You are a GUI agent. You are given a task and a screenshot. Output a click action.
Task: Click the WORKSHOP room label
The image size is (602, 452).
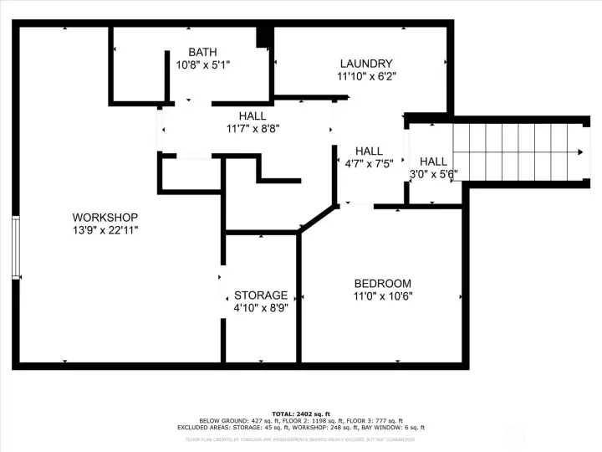[105, 218]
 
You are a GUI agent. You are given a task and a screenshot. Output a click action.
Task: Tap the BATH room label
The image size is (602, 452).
[202, 52]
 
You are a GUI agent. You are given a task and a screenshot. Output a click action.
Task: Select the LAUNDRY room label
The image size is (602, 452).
[366, 64]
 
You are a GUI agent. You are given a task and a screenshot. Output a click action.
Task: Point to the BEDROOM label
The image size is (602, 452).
[383, 283]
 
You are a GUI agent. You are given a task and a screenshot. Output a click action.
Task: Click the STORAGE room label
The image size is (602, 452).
[261, 295]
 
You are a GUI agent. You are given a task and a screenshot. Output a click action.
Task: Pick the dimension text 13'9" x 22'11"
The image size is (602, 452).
[105, 229]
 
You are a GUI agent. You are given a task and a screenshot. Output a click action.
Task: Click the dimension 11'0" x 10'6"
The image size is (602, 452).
[383, 295]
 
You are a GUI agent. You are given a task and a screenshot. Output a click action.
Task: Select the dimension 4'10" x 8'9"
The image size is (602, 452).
[261, 308]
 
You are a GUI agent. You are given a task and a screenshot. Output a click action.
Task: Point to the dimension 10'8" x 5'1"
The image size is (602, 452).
[202, 64]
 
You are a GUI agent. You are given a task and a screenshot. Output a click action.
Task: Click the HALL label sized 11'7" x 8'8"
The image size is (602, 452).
[253, 116]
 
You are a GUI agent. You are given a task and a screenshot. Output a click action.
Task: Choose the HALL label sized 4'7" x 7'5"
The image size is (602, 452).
[369, 151]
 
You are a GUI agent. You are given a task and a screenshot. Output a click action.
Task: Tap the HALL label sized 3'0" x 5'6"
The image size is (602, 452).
[433, 162]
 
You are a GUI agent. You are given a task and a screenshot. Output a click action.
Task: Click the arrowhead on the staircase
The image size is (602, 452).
[579, 152]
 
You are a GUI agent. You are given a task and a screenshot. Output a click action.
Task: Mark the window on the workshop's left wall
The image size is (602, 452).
[16, 248]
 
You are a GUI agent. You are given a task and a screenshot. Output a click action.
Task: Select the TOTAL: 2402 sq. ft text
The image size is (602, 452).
[301, 413]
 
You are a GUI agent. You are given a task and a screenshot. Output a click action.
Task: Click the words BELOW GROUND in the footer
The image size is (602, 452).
[219, 420]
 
